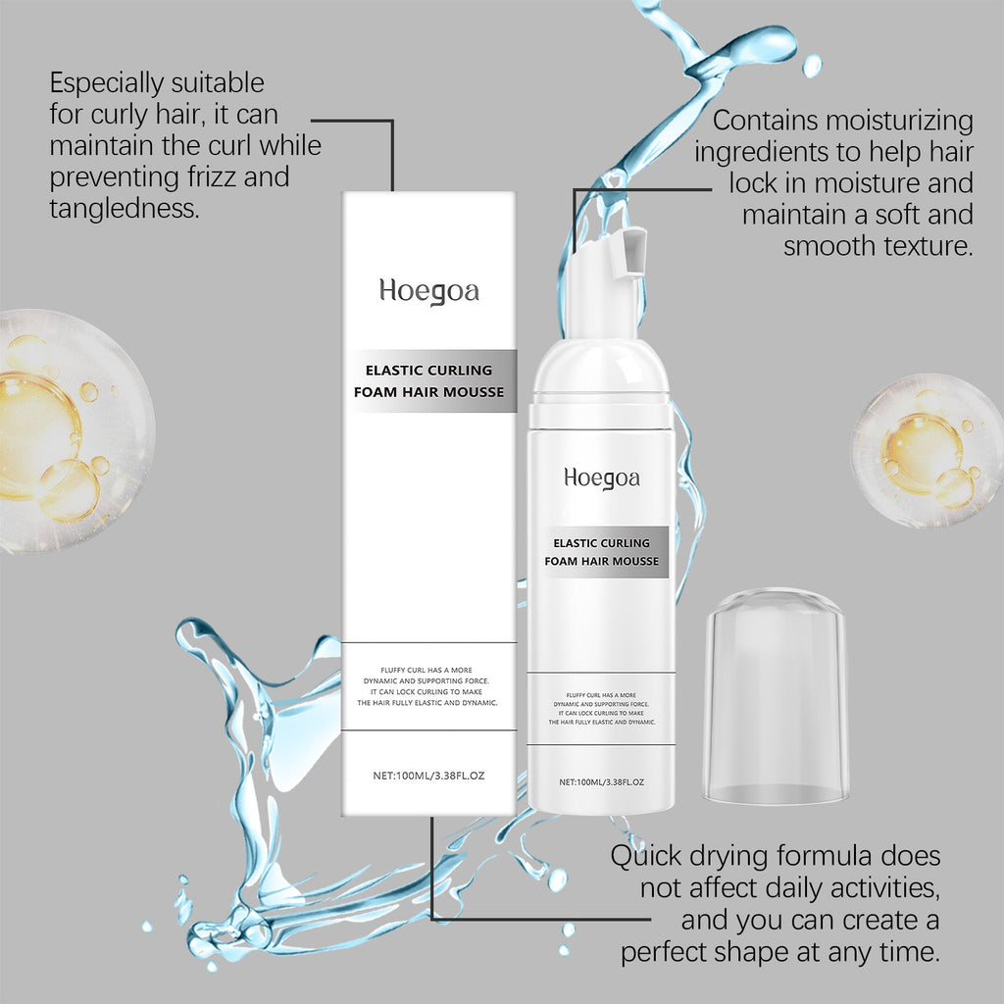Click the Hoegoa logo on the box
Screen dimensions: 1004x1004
429,291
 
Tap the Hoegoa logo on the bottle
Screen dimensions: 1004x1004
602,477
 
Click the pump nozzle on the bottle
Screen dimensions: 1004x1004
633,249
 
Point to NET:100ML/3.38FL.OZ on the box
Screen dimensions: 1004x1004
429,775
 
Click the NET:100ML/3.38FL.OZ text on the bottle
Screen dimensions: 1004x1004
602,781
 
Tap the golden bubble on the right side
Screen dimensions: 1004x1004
926,450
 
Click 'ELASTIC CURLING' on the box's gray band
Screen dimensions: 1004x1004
428,371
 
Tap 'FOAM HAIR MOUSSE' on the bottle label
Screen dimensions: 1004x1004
602,562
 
